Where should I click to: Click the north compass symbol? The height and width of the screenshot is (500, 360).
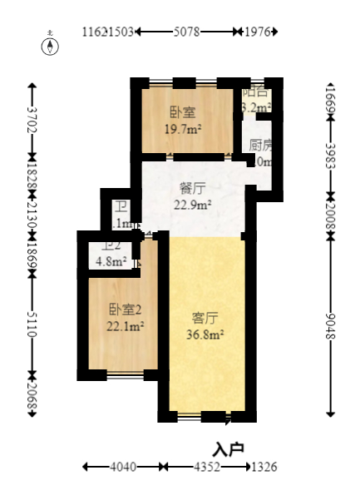(x=52, y=45)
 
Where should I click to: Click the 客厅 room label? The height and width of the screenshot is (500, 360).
(x=205, y=318)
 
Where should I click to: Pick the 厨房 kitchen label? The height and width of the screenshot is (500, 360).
(x=260, y=144)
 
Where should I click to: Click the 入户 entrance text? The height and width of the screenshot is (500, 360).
(x=229, y=449)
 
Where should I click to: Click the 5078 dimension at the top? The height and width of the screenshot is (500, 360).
(x=186, y=32)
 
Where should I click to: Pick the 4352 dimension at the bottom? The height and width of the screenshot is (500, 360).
(x=208, y=468)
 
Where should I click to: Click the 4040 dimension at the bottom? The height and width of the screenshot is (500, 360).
(x=122, y=468)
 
